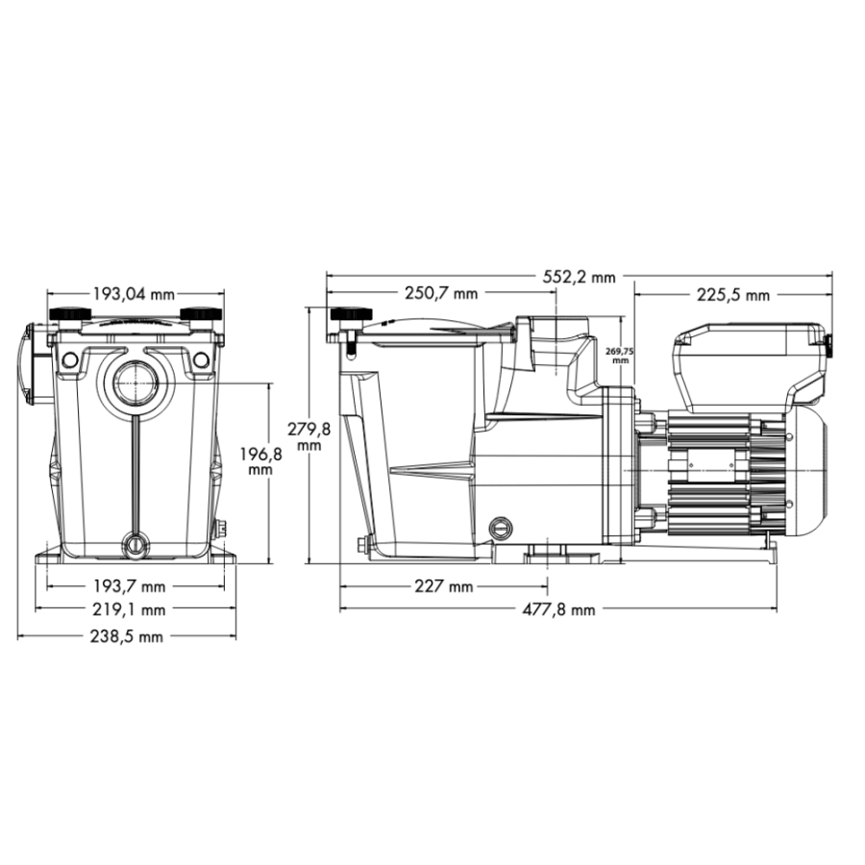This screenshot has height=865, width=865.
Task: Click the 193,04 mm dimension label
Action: point(135,294)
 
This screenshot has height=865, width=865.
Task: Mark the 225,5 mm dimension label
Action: point(733,294)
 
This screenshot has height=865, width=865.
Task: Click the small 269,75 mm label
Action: point(621,356)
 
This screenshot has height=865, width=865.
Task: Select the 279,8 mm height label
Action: point(309,436)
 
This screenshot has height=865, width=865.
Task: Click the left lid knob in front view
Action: point(69,316)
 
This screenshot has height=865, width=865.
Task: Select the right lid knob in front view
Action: point(200,316)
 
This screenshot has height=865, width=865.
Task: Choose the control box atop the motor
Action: point(750,360)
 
